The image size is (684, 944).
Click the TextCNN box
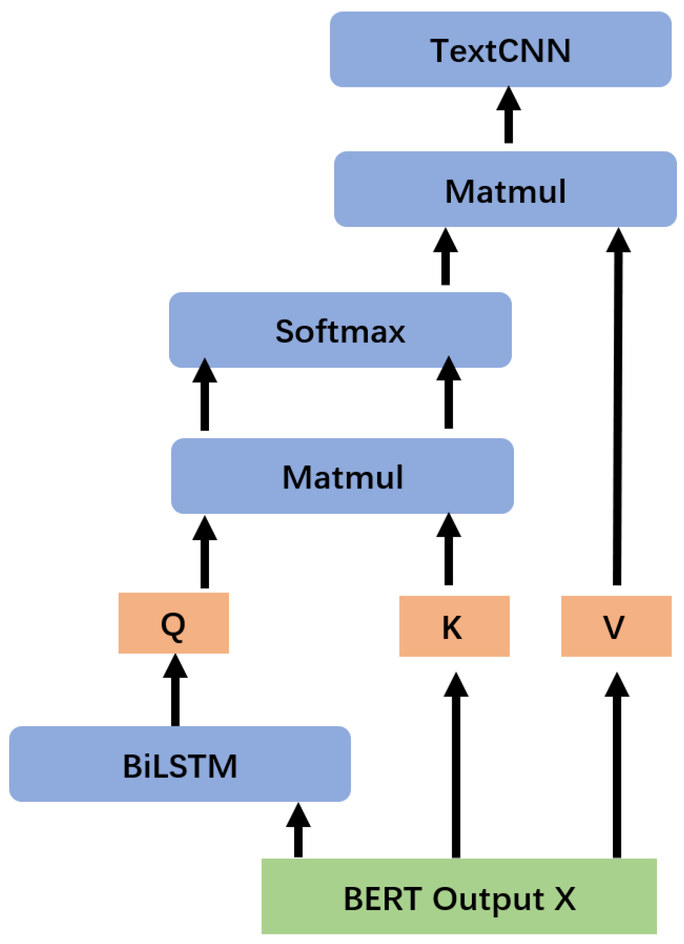500,50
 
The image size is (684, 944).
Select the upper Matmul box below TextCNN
505,189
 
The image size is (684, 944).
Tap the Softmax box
340,330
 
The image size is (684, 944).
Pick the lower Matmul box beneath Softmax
342,476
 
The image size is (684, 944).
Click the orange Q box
173,623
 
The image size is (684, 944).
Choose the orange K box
454,626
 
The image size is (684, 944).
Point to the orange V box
616,626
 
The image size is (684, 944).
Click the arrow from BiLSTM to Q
175,691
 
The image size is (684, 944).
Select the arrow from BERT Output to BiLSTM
298,832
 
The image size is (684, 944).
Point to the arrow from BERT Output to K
456,766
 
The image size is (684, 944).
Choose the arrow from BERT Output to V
616,766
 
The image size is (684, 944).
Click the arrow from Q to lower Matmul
205,553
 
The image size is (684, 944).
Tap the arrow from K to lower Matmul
448,551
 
